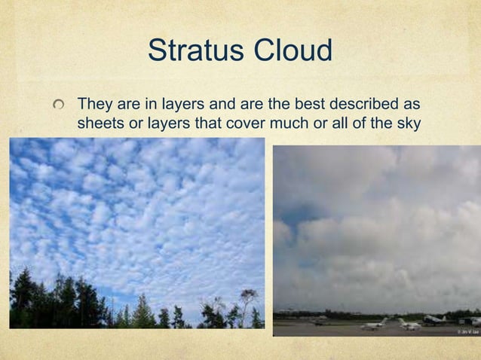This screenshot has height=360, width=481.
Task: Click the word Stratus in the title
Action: pyautogui.click(x=194, y=51)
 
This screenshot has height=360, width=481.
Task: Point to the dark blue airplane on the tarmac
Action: pyautogui.click(x=434, y=320)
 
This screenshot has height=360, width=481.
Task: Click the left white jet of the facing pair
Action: pyautogui.click(x=373, y=324)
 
